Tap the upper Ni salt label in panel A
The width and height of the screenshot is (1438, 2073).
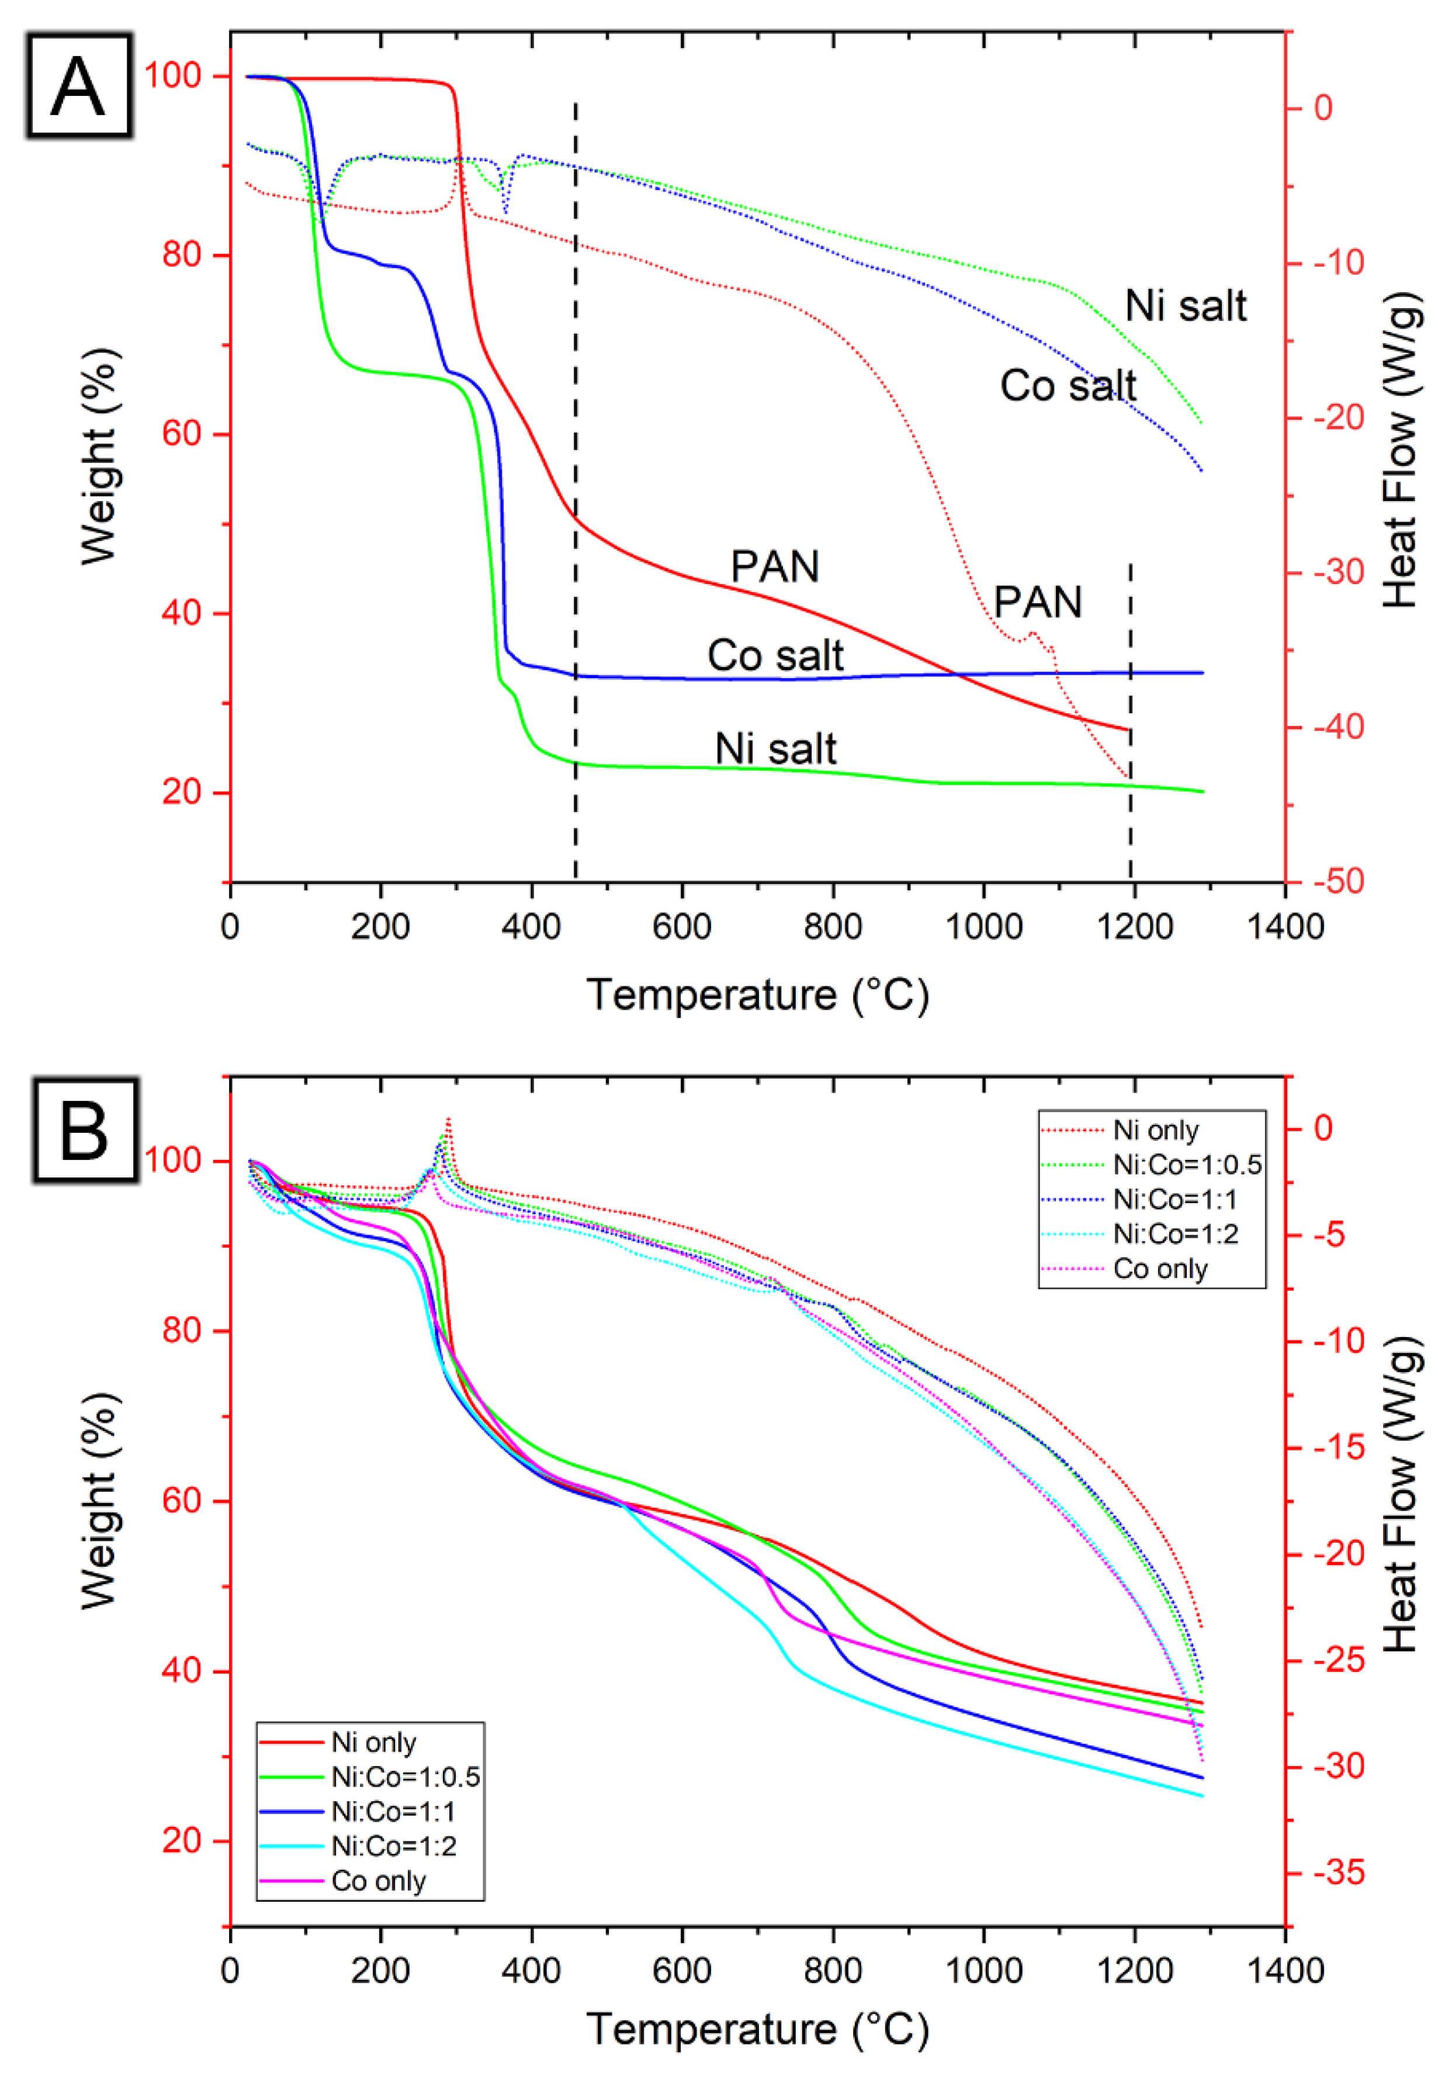click(1185, 306)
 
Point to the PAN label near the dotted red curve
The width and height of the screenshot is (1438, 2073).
click(1037, 602)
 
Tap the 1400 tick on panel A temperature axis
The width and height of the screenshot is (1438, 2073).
click(1284, 927)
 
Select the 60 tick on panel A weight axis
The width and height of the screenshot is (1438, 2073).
click(180, 434)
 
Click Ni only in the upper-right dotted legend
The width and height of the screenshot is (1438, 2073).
click(1155, 1130)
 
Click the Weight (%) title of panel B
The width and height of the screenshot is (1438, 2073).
click(99, 1500)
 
